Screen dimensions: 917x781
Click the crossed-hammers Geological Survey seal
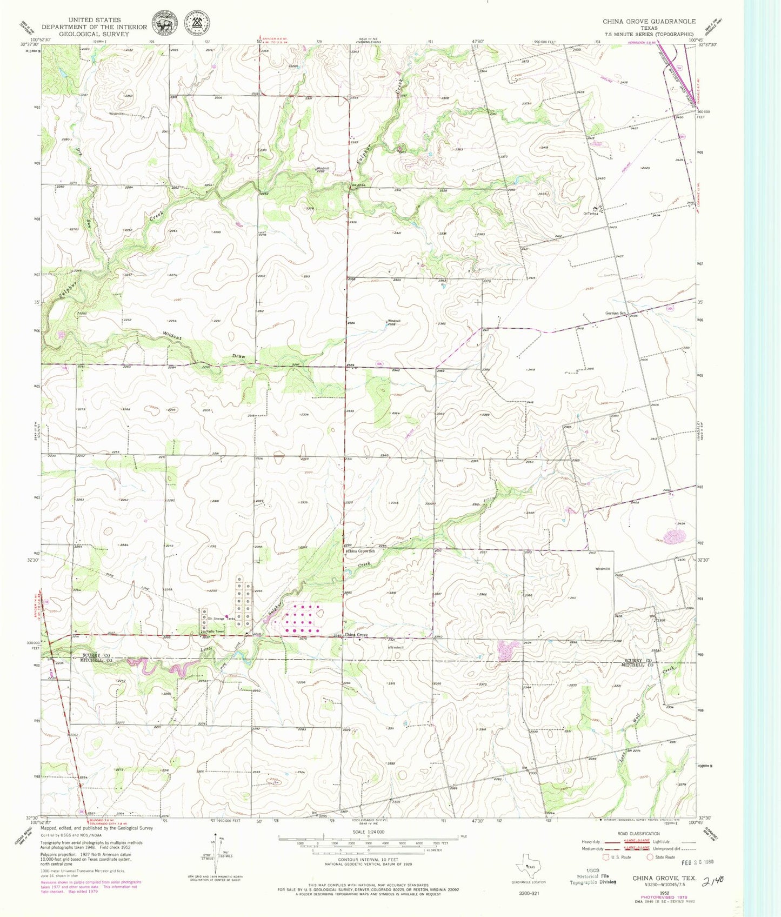point(197,24)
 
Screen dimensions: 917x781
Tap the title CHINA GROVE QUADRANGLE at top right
point(649,21)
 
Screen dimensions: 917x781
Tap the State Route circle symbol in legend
point(650,856)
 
